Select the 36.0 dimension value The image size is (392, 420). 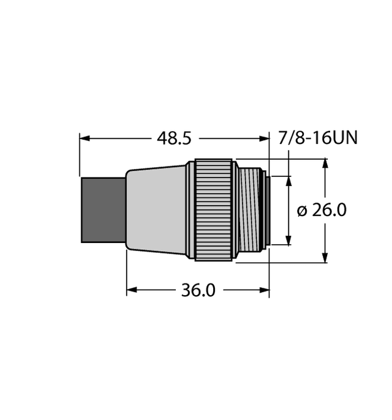198,290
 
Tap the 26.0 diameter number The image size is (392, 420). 330,211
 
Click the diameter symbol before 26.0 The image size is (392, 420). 302,211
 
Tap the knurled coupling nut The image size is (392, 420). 214,211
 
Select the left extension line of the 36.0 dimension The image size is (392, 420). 127,272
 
